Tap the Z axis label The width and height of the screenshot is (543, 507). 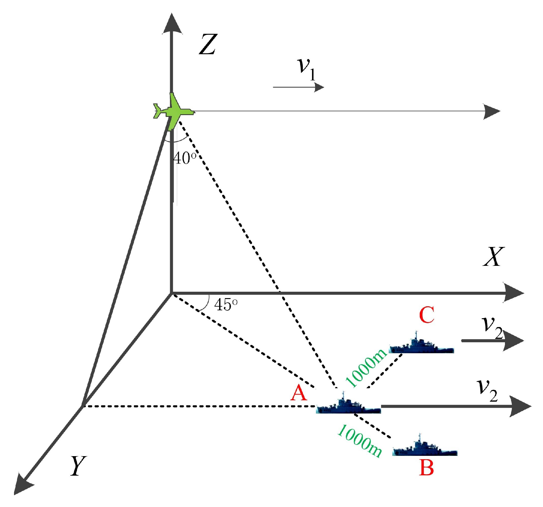(x=208, y=44)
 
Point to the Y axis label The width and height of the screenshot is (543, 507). (x=78, y=466)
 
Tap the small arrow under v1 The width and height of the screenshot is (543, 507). (x=298, y=87)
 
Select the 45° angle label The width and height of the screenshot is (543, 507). (x=226, y=305)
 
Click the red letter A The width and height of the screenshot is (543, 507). (x=298, y=393)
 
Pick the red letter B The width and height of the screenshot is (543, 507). (x=426, y=468)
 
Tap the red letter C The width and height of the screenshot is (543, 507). (x=426, y=315)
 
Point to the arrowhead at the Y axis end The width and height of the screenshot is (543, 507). (x=23, y=484)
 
